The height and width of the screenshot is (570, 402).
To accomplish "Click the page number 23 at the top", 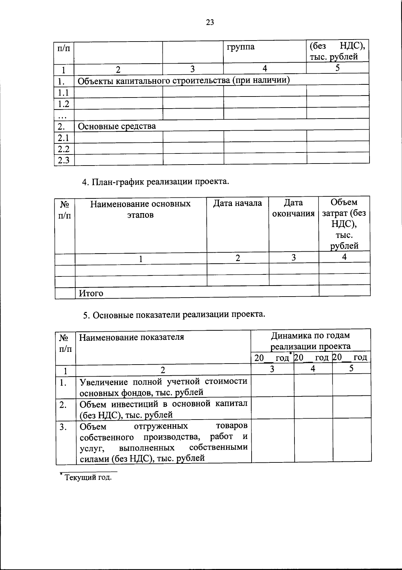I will click(210, 22).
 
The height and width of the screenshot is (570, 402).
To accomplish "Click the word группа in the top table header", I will click(241, 47).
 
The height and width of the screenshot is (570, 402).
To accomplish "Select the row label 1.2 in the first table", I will click(63, 104).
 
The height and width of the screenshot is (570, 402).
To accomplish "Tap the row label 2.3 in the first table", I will click(63, 160).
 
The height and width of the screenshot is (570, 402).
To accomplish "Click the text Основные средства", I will click(117, 126).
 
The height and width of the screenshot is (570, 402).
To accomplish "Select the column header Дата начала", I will click(238, 203).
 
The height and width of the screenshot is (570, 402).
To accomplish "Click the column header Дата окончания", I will click(293, 208).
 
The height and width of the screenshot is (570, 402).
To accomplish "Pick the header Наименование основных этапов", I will click(140, 209).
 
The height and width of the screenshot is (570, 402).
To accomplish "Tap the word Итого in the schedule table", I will click(91, 293).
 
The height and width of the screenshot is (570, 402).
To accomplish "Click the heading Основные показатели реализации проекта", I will click(174, 315).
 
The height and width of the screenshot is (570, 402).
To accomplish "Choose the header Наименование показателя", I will click(131, 337).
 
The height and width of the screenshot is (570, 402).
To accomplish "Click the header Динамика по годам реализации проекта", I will click(310, 340).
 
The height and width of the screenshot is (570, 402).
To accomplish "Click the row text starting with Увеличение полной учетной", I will click(163, 387).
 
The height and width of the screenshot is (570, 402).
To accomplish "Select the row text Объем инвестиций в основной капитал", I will click(163, 409).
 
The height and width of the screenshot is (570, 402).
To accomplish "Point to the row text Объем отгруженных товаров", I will click(163, 442).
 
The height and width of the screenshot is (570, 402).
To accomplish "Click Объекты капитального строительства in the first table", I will click(184, 80).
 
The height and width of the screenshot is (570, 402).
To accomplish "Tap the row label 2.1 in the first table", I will click(63, 138).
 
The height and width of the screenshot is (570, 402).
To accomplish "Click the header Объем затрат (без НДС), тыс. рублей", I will click(344, 224).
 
